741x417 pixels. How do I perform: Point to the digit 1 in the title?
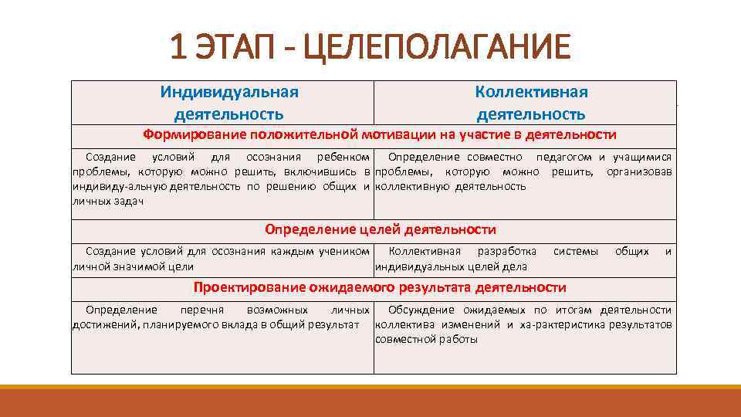[178, 48]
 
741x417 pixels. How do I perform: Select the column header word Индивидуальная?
[229, 92]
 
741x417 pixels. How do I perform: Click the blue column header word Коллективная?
[531, 92]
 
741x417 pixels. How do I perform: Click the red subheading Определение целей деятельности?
[380, 229]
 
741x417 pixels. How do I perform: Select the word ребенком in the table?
[343, 157]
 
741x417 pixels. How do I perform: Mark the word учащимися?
[641, 157]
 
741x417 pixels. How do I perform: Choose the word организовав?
[638, 171]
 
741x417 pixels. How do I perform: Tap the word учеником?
[345, 252]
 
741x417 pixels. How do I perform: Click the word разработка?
[507, 252]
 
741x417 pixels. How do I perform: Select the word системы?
[575, 252]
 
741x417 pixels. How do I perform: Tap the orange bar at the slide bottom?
[370, 402]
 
